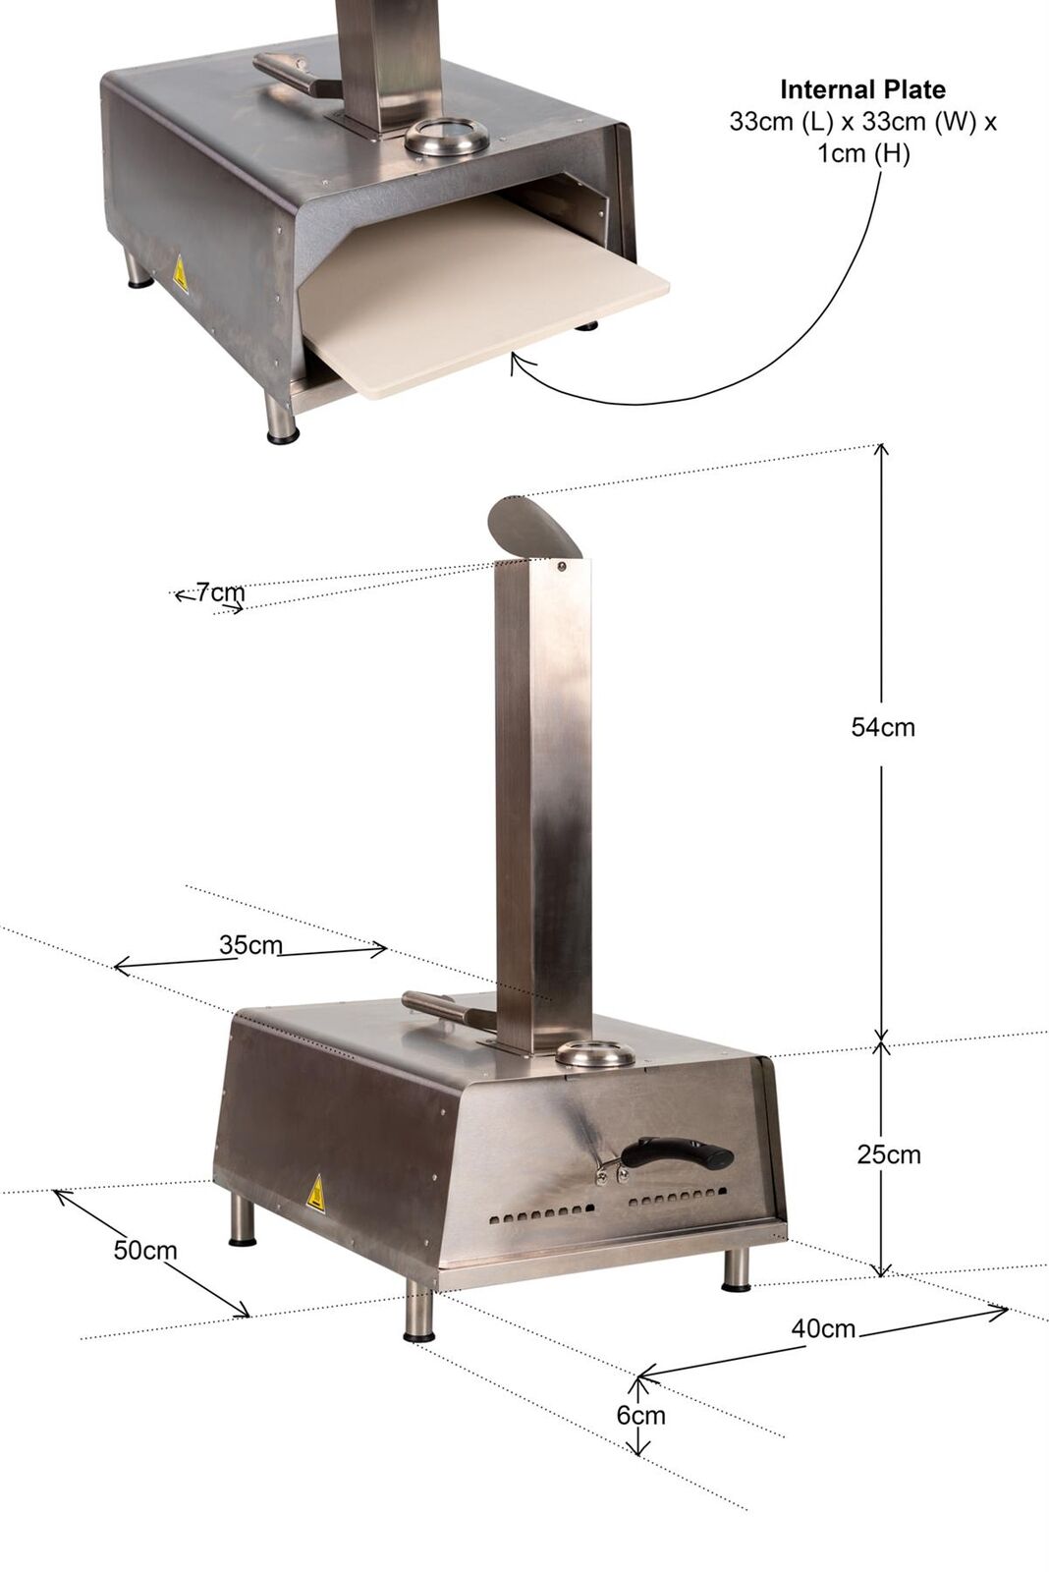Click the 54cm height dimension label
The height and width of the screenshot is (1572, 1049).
[x=882, y=727]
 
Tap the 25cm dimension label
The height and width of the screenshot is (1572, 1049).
[x=888, y=1153]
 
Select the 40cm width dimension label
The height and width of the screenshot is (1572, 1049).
[x=823, y=1328]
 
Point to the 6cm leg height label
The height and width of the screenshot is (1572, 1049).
[x=640, y=1415]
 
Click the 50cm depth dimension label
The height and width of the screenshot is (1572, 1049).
[x=145, y=1250]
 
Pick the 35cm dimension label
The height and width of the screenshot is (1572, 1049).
[x=249, y=945]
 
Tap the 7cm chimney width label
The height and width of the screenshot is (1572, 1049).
[x=219, y=592]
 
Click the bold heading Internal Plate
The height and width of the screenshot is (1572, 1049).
[x=862, y=89]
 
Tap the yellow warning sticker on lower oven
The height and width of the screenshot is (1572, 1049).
[x=315, y=1195]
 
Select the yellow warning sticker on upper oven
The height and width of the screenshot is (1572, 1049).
[x=180, y=276]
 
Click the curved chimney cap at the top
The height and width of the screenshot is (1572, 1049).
[x=531, y=527]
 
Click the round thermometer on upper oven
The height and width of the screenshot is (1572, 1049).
[x=447, y=138]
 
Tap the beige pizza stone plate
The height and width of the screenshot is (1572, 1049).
[x=481, y=295]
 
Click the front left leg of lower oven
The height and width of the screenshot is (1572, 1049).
[x=419, y=1311]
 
